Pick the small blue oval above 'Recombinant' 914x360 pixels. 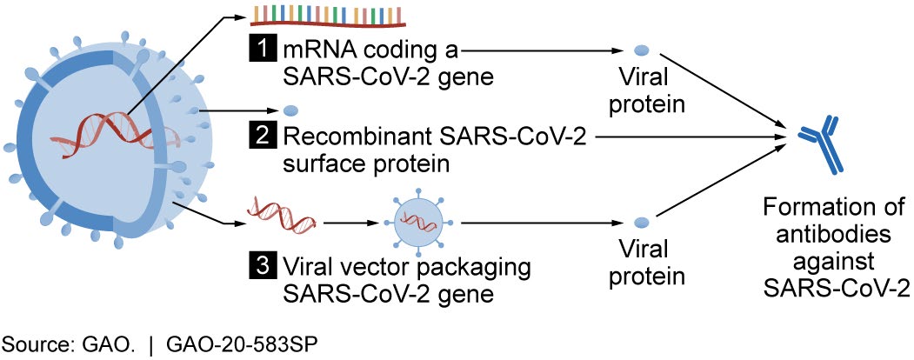coord(291,111)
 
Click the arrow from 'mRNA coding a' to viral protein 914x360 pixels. coord(539,50)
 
